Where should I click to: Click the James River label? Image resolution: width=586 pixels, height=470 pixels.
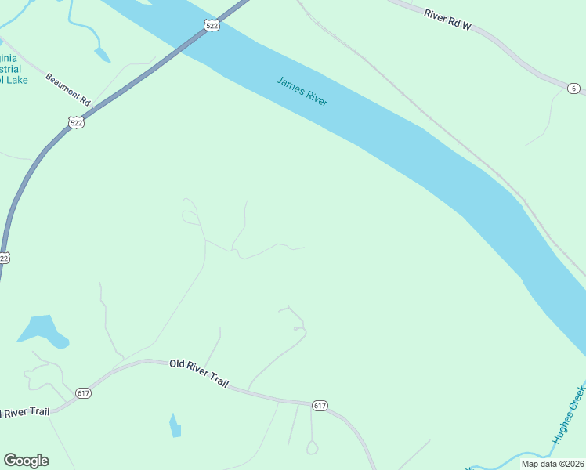(302, 92)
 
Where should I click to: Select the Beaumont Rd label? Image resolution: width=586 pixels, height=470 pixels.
(68, 89)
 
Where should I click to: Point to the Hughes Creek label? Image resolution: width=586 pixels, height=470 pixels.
(569, 414)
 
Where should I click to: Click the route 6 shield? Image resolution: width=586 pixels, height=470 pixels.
(574, 89)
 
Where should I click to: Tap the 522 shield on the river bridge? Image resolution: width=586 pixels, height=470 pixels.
(212, 26)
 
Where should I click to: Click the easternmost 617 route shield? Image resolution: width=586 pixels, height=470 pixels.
(319, 405)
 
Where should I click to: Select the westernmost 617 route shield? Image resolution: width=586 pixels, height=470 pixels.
(84, 392)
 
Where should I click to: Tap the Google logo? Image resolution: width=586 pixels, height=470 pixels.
(26, 461)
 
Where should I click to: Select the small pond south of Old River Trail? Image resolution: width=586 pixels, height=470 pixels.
(175, 425)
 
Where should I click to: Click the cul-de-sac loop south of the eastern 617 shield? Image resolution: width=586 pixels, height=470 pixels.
(312, 448)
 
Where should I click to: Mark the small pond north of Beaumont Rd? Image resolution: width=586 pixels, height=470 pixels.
(102, 55)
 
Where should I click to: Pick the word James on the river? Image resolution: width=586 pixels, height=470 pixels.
(288, 85)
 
